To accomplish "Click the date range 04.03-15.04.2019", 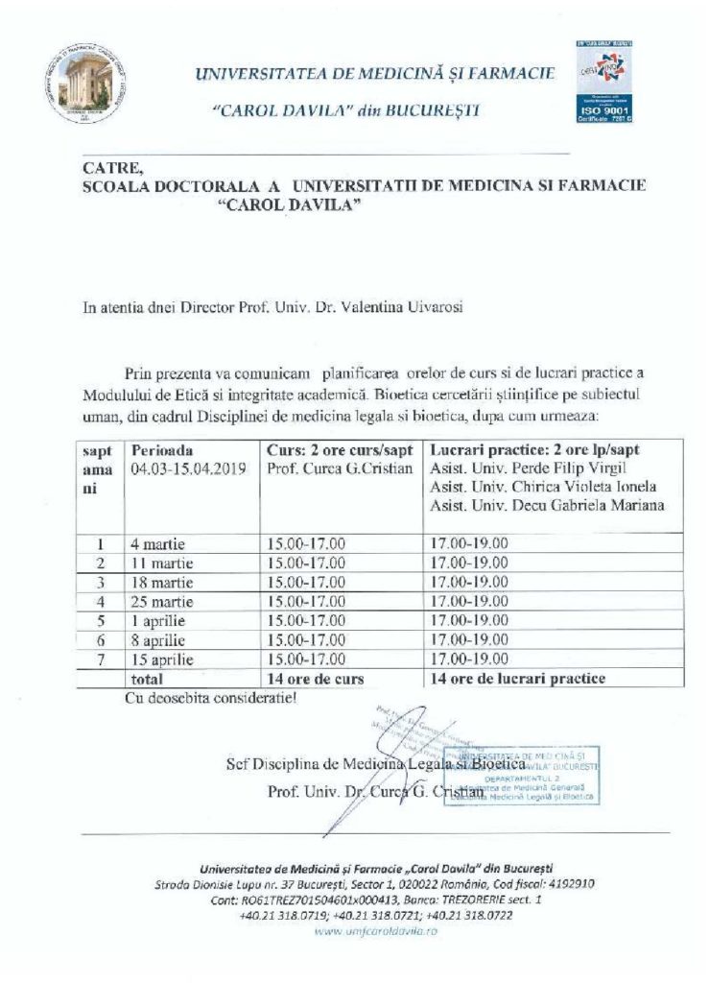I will click(188, 468).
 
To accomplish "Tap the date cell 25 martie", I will click(163, 602).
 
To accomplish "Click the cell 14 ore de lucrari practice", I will click(518, 679).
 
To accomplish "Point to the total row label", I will click(147, 679).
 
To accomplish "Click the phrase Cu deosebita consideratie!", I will click(211, 698).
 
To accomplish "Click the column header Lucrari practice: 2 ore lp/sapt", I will click(535, 450).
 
